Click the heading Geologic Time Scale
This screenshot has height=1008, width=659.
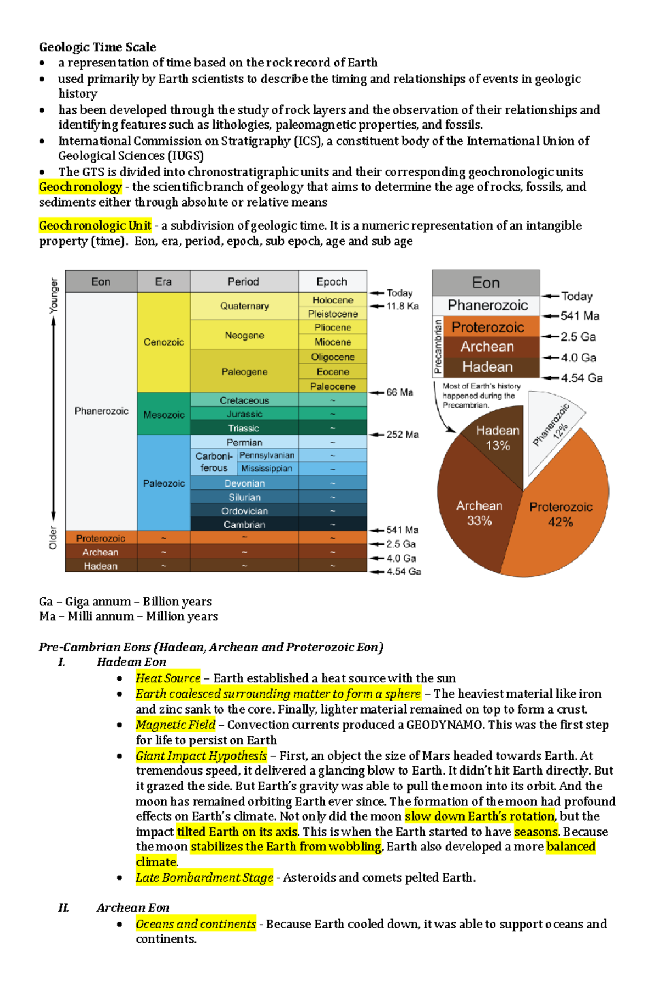tap(97, 47)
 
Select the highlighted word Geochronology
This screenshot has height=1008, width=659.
tap(80, 187)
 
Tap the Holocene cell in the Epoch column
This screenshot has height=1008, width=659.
tap(333, 300)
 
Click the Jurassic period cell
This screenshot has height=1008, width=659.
tap(244, 414)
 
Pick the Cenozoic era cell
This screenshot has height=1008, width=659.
tap(164, 342)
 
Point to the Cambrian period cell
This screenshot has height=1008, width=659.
tap(244, 525)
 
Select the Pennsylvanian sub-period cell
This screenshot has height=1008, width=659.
tap(267, 455)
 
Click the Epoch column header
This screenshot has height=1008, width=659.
tap(332, 281)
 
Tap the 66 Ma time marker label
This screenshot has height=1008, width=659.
tap(399, 392)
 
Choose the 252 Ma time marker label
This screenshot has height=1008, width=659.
tap(402, 435)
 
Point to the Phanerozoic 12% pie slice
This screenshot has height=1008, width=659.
tap(552, 428)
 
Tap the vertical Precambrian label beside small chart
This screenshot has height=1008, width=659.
tap(438, 347)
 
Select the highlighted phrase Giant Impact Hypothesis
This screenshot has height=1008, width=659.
tap(201, 756)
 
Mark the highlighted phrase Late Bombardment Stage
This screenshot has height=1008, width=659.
tap(204, 877)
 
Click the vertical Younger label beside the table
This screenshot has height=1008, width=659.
tap(53, 296)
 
